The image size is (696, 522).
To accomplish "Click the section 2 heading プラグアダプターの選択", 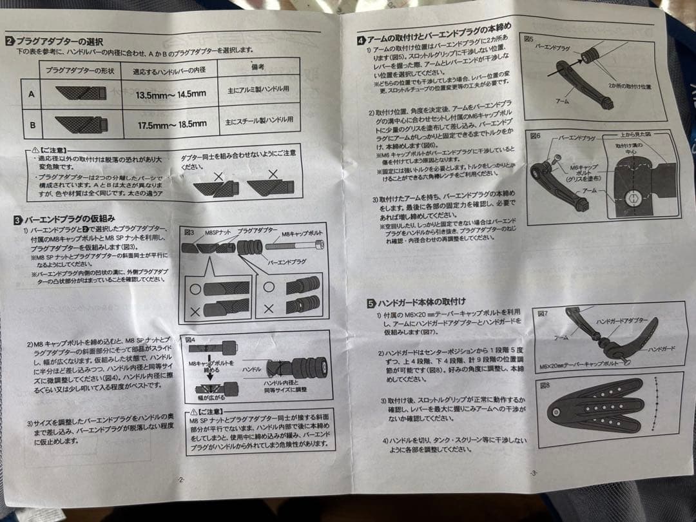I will click(x=59, y=41).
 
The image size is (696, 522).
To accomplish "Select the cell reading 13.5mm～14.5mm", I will click(x=171, y=94).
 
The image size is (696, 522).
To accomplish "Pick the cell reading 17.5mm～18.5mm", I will click(x=171, y=124).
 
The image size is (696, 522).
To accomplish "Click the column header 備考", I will click(x=258, y=67).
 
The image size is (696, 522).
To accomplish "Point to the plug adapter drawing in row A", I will click(x=81, y=93).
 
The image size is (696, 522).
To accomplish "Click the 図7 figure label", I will click(x=543, y=313).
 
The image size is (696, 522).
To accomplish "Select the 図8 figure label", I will click(x=545, y=385).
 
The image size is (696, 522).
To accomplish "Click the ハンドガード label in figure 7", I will click(x=660, y=349).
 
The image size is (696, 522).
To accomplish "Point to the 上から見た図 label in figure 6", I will click(x=635, y=135).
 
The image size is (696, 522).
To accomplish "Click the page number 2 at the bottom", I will click(x=181, y=479).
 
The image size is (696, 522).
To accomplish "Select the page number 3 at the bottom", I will click(x=533, y=473).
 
